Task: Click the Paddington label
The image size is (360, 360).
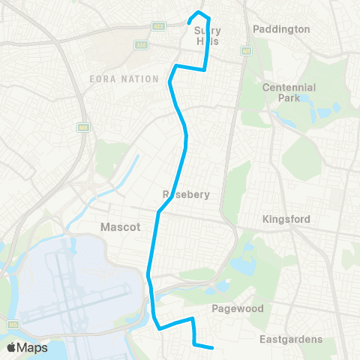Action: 281,29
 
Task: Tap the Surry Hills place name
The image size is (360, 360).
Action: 208,37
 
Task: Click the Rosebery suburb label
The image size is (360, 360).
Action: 185,194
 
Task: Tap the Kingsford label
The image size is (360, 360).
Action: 286,219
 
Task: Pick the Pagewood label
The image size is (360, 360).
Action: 234,307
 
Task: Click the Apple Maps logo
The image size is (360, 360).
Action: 27,347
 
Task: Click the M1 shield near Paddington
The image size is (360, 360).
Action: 245,51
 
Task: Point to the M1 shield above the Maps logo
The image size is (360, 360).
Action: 13,325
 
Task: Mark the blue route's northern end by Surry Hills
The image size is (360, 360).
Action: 188,23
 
